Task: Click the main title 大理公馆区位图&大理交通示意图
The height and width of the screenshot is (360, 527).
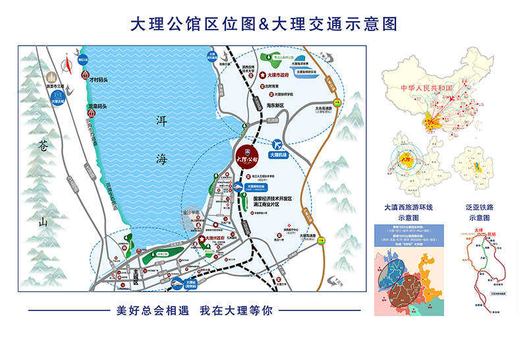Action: click(x=263, y=24)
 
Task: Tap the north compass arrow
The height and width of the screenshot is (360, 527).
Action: click(x=66, y=65)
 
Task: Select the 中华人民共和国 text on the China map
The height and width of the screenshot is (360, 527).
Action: click(x=427, y=88)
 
